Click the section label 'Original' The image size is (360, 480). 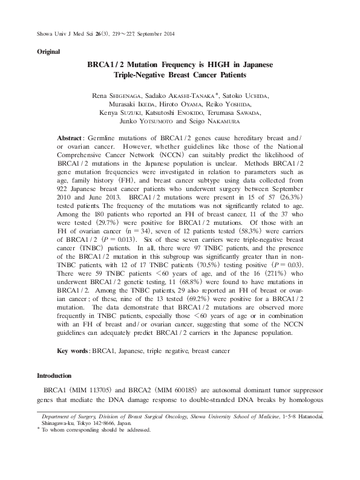[48, 52]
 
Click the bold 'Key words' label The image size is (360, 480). [72, 351]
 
